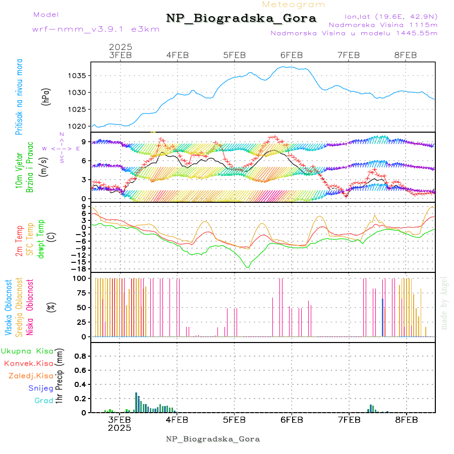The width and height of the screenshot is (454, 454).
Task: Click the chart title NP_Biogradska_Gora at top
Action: tap(241, 19)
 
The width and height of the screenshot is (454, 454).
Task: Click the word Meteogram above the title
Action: tap(294, 5)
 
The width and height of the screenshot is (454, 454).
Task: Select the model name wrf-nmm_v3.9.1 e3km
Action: tap(96, 29)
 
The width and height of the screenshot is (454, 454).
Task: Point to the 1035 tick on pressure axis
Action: tap(78, 76)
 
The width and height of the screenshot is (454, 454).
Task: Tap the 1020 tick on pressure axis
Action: tap(78, 126)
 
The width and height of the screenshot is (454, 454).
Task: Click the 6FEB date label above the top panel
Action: tap(292, 55)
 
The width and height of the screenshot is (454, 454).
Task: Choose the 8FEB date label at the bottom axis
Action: tap(406, 419)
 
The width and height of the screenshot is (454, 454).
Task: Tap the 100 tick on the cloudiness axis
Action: tap(80, 278)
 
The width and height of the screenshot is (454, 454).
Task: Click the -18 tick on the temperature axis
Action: tap(80, 269)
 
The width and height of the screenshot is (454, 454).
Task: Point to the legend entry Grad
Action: tap(43, 401)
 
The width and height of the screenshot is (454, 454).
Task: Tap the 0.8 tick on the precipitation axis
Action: tap(80, 356)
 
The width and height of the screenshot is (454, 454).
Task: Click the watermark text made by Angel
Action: tap(444, 303)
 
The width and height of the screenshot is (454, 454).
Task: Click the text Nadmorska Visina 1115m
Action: tap(383, 24)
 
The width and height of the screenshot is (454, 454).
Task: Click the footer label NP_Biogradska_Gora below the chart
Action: tap(213, 439)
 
